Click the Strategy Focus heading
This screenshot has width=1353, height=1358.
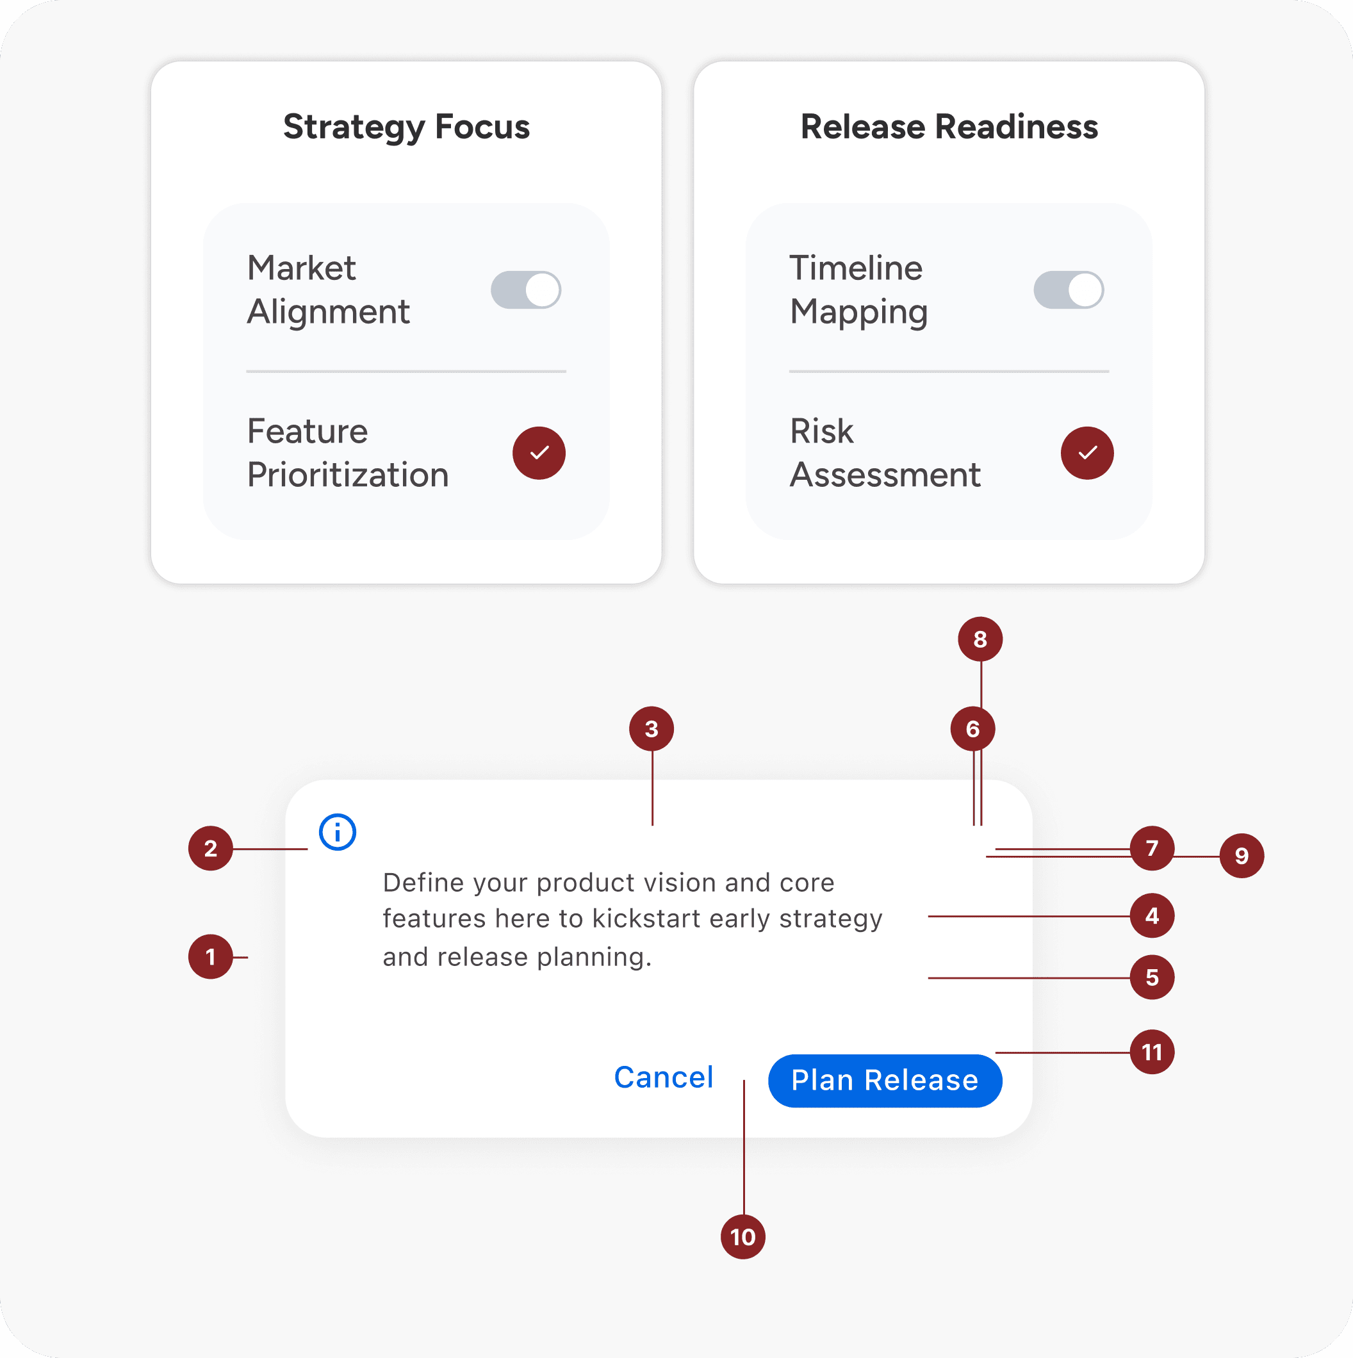click(x=406, y=127)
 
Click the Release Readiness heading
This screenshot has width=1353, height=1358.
click(x=949, y=127)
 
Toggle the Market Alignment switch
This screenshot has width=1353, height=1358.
click(x=526, y=290)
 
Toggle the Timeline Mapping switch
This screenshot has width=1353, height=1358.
click(x=1069, y=290)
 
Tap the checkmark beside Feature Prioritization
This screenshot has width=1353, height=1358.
click(x=539, y=453)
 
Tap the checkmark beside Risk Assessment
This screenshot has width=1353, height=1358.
click(x=1086, y=453)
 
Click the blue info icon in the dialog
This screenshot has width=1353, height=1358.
click(x=338, y=832)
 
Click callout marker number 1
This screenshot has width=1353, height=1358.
click(x=210, y=956)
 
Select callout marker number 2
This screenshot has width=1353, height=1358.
click(x=210, y=848)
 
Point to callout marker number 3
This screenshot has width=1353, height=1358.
click(x=652, y=729)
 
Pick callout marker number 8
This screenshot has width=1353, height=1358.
click(x=980, y=639)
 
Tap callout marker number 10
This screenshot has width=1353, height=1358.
click(x=743, y=1236)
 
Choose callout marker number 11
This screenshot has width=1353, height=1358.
click(x=1152, y=1052)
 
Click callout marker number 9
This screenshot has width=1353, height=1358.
click(x=1242, y=855)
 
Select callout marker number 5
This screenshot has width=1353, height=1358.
click(x=1152, y=977)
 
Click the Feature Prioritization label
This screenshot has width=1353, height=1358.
click(x=348, y=453)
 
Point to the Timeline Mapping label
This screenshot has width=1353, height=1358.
click(x=859, y=290)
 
